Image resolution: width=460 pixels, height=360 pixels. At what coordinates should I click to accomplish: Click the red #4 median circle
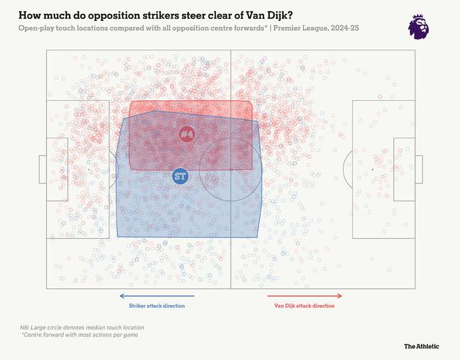[x=187, y=133]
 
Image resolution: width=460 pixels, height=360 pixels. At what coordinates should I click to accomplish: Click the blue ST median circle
[x=180, y=176]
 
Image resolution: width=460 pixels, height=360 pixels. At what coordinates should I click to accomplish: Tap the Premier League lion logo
[x=418, y=26]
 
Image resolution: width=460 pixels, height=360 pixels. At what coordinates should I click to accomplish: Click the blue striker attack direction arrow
[x=157, y=296]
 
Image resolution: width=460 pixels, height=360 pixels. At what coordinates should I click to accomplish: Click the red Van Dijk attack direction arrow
[x=305, y=296]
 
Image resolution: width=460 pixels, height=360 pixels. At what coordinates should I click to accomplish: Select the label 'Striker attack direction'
[x=157, y=306]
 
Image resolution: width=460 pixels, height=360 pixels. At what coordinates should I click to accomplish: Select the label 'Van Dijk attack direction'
[x=305, y=306]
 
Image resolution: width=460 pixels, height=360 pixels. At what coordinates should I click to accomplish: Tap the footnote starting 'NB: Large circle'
[x=82, y=327]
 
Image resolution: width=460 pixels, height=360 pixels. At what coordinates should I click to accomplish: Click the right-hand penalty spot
[x=372, y=169]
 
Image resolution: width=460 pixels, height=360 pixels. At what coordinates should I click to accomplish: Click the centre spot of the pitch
[x=231, y=169]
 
